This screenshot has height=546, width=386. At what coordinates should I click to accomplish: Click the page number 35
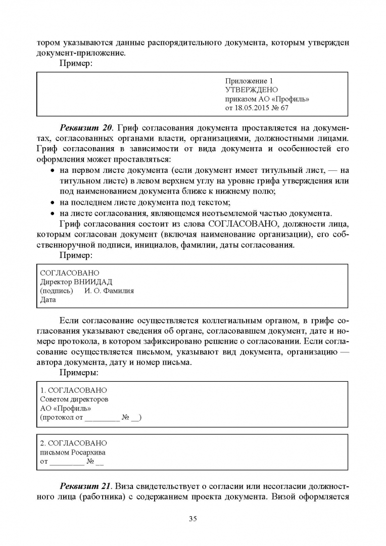click(192, 518)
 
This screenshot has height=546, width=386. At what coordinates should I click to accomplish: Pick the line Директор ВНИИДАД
click(76, 282)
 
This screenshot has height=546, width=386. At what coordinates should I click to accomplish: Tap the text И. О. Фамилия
click(109, 291)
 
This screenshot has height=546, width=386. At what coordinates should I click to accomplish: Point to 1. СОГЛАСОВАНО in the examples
click(73, 390)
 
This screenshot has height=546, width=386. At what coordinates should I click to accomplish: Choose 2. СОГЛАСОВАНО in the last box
click(73, 443)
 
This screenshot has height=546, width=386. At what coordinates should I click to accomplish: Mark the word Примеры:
click(79, 373)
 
